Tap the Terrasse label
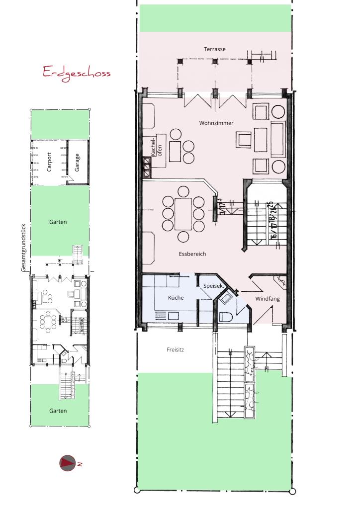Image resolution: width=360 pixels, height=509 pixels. tap(215, 49)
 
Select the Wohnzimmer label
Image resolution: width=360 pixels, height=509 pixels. tap(216, 123)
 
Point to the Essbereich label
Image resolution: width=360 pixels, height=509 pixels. tap(192, 254)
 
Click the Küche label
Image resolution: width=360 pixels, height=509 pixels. tap(176, 298)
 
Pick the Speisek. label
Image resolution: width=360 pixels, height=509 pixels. tap(213, 286)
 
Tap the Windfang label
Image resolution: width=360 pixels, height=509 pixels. tap(268, 299)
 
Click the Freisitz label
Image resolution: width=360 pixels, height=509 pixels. tap(176, 349)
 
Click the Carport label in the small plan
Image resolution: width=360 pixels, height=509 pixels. tap(49, 162)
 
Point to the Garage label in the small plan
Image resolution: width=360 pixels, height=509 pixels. tap(77, 163)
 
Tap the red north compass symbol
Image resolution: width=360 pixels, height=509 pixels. tap(68, 463)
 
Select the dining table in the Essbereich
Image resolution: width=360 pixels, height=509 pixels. tap(183, 214)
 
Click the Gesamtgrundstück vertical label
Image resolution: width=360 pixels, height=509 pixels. tap(23, 248)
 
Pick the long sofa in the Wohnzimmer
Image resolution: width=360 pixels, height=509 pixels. tap(278, 139)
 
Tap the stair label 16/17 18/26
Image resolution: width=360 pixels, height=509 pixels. tap(272, 220)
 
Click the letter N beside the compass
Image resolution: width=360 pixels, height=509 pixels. tap(80, 464)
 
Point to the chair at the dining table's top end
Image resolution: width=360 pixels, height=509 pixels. tap(183, 191)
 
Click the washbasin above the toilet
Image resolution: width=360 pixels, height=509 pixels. tap(225, 299)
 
